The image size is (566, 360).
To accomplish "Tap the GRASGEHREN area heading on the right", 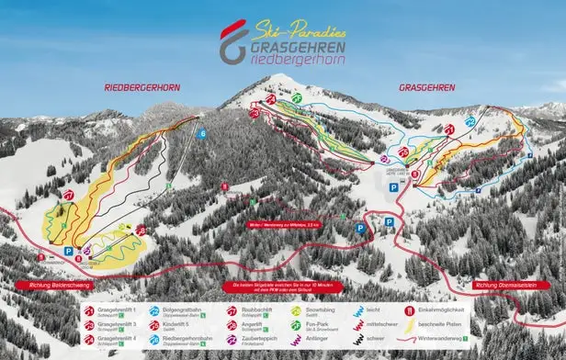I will (427, 87).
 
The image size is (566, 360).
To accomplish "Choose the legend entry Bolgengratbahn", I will (185, 311).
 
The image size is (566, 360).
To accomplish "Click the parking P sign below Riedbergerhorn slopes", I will (68, 250).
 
